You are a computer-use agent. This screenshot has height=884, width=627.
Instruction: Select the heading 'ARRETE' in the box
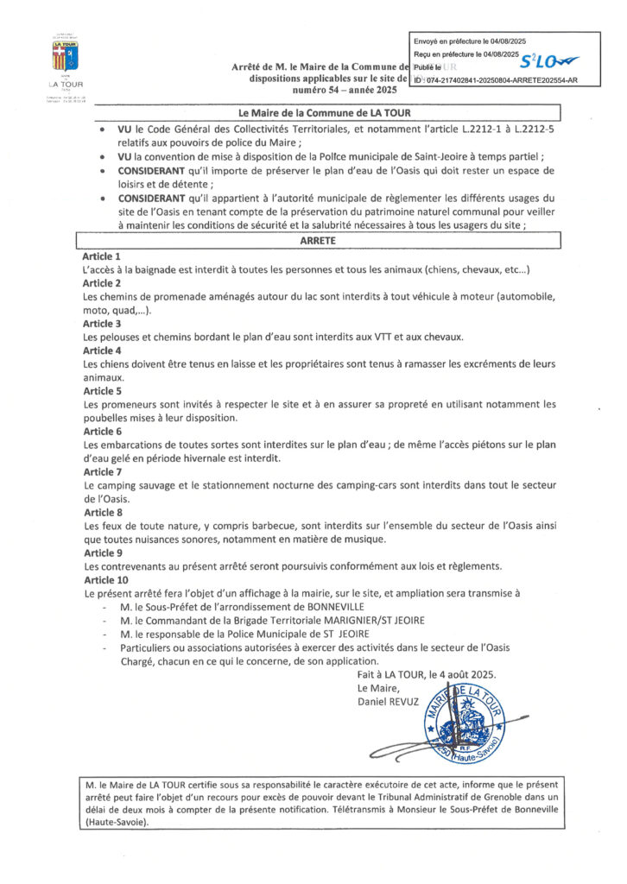click(x=319, y=243)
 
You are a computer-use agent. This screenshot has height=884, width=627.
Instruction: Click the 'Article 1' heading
click(x=102, y=257)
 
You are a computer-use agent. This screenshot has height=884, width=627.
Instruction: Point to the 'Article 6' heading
click(x=102, y=431)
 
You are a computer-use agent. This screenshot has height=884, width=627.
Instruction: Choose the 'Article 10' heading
click(x=104, y=581)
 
